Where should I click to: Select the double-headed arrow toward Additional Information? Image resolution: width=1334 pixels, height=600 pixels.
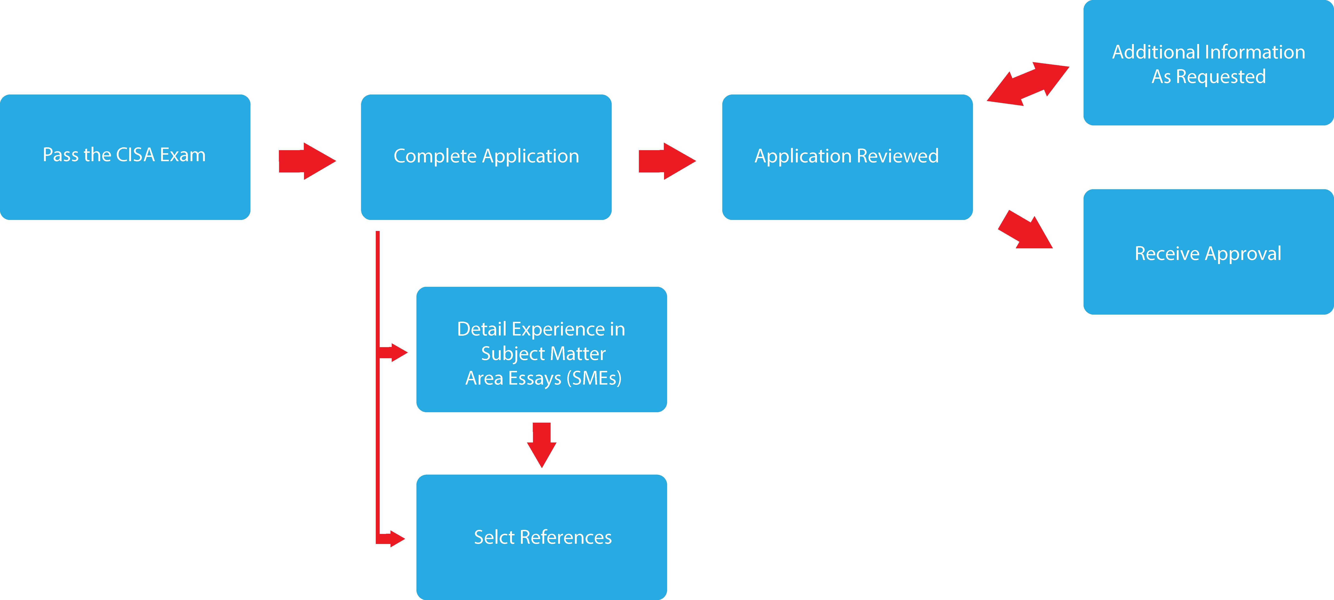pos(1028,84)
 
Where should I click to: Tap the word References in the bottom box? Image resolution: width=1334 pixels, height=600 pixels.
pos(565,537)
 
